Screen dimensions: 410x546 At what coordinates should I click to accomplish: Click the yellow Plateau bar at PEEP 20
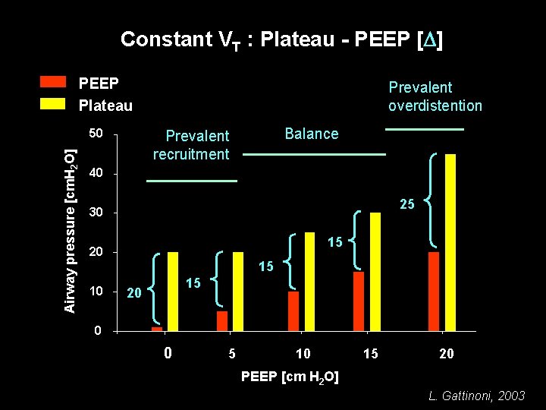pos(450,242)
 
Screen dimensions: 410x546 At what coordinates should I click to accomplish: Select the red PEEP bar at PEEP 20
pos(434,292)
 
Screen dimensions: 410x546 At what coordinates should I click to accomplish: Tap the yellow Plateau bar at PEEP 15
pos(375,272)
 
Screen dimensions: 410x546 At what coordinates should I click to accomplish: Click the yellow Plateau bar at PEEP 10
pos(309,282)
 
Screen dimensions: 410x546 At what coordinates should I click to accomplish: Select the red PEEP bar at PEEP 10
pos(293,311)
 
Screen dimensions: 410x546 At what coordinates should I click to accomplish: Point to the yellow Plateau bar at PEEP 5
pos(238,292)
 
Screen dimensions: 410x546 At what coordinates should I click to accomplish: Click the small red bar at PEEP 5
pos(222,321)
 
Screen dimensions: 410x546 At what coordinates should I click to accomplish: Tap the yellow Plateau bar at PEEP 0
pos(173,292)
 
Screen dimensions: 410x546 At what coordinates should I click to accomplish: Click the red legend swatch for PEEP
pos(53,83)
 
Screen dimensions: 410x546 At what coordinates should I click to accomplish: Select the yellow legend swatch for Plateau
pos(53,105)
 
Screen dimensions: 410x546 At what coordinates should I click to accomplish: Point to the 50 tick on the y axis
pos(96,134)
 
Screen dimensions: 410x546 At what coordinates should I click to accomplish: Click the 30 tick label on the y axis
pos(96,213)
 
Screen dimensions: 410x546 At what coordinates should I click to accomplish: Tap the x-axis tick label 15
pos(370,354)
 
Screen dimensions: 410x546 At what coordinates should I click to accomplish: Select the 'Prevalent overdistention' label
pos(435,96)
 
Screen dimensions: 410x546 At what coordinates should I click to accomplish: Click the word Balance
pos(311,134)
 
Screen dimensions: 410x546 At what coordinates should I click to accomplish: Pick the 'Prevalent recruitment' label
pos(191,145)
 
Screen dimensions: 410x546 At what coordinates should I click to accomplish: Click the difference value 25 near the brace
pos(407,204)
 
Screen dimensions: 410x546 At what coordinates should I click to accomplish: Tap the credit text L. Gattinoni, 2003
pos(476,396)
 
